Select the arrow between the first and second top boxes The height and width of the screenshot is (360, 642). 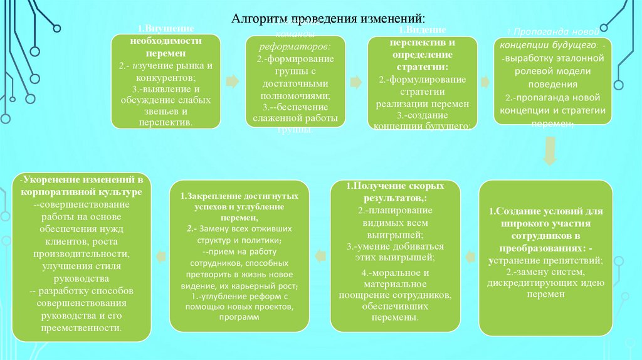(x=233, y=81)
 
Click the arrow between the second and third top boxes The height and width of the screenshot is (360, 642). (x=356, y=82)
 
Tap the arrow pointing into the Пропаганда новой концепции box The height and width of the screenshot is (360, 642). (x=485, y=82)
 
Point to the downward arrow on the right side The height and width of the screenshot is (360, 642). (x=549, y=152)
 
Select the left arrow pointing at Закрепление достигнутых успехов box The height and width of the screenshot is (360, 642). (x=320, y=254)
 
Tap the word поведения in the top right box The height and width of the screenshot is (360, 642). (x=552, y=83)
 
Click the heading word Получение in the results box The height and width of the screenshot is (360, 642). (x=375, y=188)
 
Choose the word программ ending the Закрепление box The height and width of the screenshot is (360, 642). (x=239, y=317)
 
